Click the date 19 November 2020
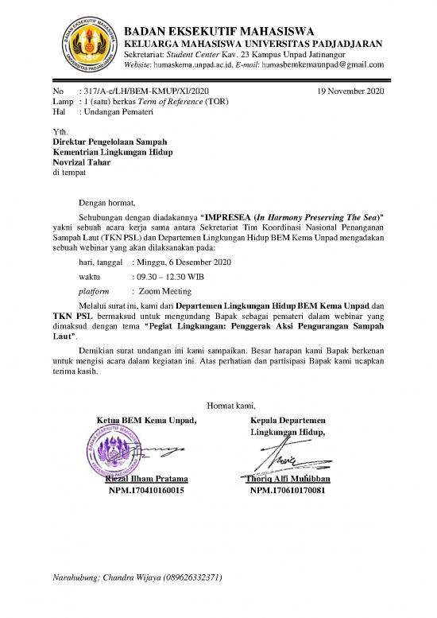[350, 92]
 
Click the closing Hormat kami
[230, 406]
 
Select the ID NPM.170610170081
[288, 491]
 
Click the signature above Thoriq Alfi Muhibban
[286, 458]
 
